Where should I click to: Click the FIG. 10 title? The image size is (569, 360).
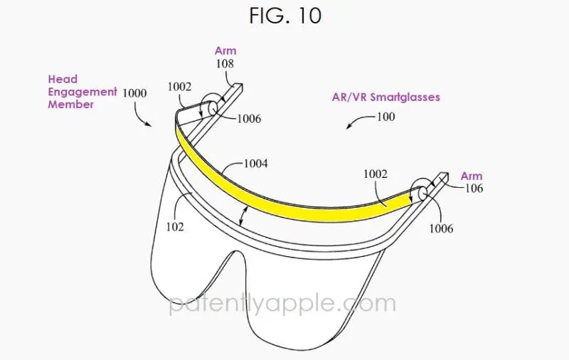pos(285,16)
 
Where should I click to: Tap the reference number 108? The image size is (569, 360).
pos(225,64)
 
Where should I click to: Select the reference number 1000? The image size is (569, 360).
pos(134,93)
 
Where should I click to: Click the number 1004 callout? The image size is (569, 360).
pos(255,164)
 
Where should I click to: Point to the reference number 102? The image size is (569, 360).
pos(175,227)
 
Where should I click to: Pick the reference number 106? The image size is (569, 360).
pos(474,188)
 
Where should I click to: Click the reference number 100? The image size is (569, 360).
pos(386,117)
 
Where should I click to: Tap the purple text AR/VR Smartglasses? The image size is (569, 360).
pos(385,97)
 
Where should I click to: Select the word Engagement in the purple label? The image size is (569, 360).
pos(83,92)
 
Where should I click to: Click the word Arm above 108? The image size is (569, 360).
pos(225,51)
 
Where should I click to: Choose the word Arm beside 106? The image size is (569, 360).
pos(472,176)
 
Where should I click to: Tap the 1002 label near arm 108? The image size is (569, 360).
pos(179,87)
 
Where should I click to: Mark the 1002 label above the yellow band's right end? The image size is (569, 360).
pos(376,174)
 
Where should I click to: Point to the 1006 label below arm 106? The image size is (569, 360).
pos(441,228)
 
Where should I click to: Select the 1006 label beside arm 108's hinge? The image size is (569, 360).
pos(249,119)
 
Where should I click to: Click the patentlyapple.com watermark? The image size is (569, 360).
pos(282,304)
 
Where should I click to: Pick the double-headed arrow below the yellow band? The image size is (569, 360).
pos(243,216)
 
